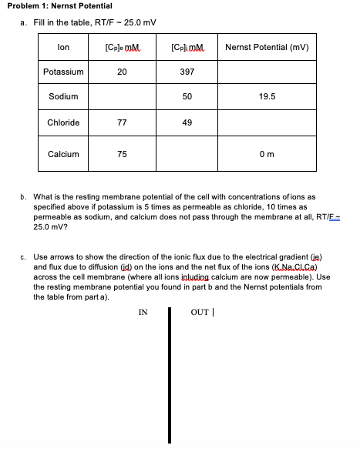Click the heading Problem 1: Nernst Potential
(x=57, y=6)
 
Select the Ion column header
(x=64, y=48)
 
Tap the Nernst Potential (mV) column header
(x=267, y=48)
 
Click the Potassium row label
(x=64, y=72)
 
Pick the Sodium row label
(x=64, y=97)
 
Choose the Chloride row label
(x=64, y=122)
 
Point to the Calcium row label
(x=64, y=154)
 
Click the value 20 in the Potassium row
(x=122, y=72)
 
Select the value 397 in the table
(x=187, y=72)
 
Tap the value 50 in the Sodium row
(x=187, y=97)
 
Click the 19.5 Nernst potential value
(x=267, y=97)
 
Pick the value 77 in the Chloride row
(x=122, y=122)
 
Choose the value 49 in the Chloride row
(x=187, y=122)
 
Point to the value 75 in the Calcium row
(x=122, y=154)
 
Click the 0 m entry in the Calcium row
(x=267, y=154)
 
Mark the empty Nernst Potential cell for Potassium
(x=267, y=72)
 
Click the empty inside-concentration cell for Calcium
(x=187, y=154)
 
